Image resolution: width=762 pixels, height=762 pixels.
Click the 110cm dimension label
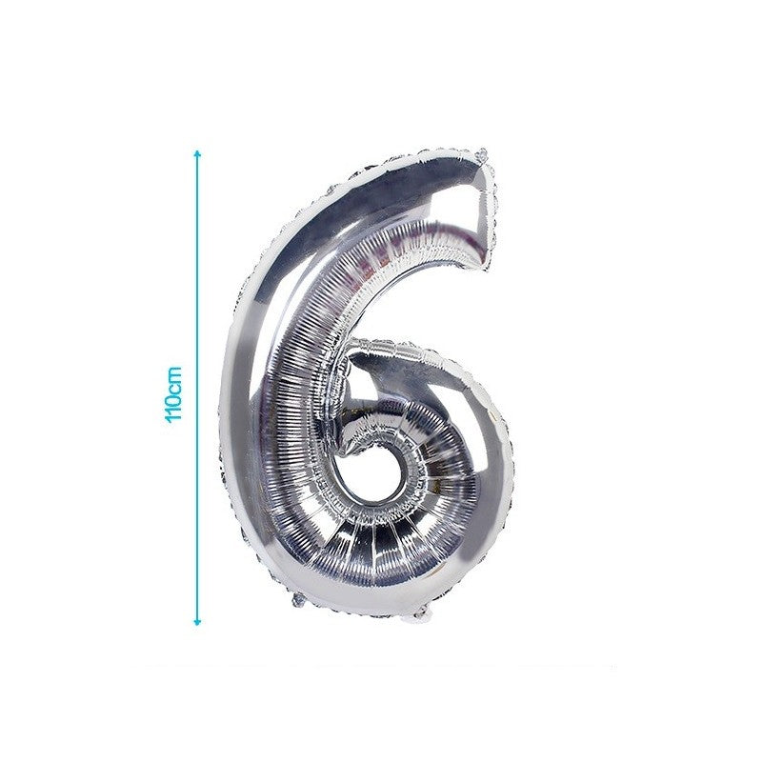tap(174, 394)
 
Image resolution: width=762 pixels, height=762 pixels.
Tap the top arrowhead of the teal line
tap(197, 153)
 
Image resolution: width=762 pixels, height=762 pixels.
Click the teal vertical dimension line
tap(197, 388)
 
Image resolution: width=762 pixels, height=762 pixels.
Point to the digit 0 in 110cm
tap(174, 401)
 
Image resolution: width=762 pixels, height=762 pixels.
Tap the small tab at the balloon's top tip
tap(482, 155)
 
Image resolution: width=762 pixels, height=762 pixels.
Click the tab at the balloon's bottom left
tap(297, 601)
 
